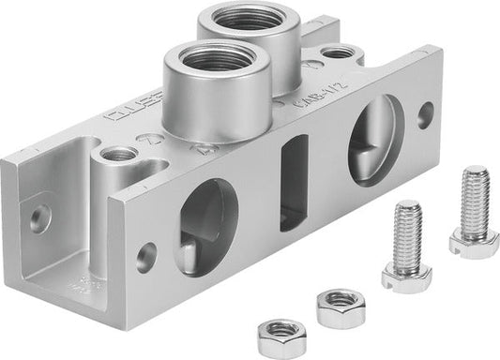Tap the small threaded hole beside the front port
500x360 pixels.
[x=119, y=153]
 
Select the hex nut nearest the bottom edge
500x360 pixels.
[x=280, y=333]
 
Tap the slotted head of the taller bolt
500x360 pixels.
[x=474, y=242]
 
